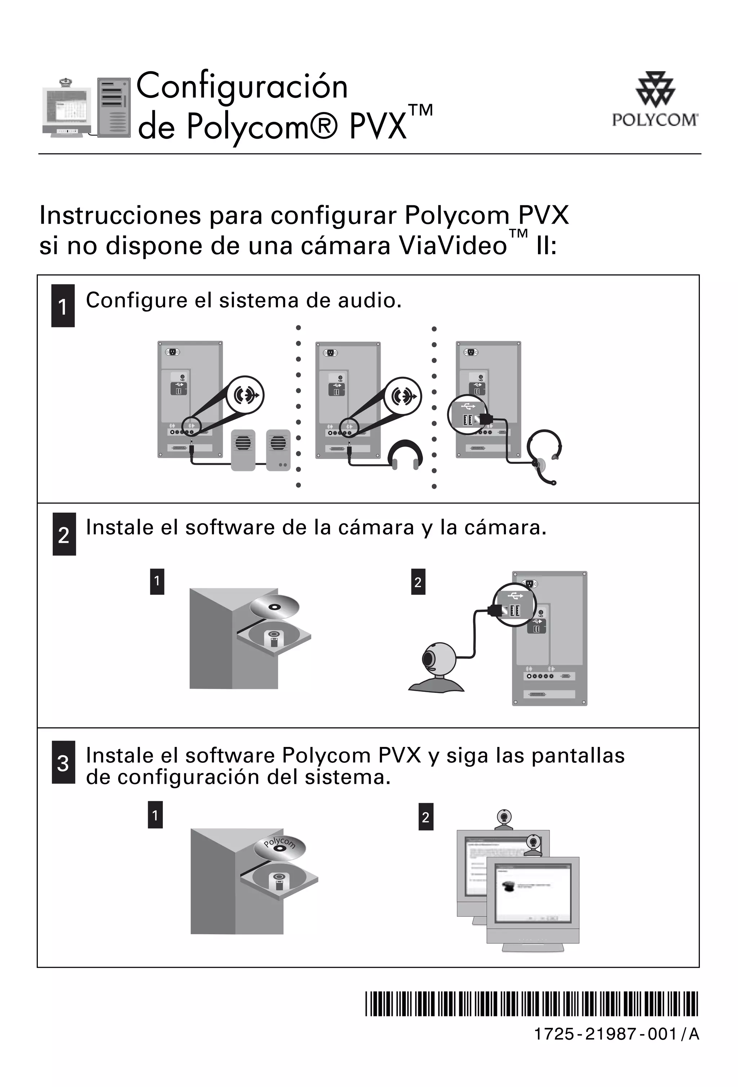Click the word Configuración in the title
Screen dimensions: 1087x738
[x=242, y=86]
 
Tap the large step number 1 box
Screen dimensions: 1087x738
[x=63, y=305]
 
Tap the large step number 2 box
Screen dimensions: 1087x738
[x=64, y=534]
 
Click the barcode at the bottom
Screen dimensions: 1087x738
[x=531, y=1004]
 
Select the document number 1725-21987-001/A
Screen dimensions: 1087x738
[x=616, y=1034]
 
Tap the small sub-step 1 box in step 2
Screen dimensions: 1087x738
[x=157, y=581]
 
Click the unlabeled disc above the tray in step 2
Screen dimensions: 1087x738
[x=274, y=607]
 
